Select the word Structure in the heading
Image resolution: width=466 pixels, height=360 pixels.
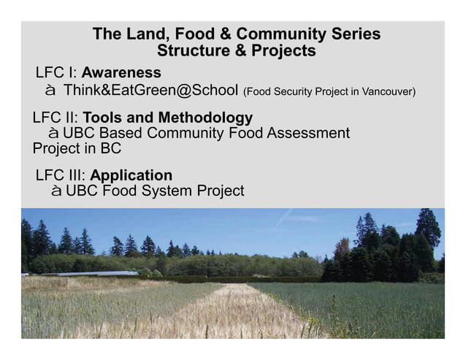click(191, 51)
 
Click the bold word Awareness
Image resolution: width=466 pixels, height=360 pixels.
click(121, 73)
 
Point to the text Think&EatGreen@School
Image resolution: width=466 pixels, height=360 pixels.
click(150, 91)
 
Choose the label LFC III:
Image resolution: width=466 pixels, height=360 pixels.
click(61, 176)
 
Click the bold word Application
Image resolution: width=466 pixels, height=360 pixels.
click(131, 176)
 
